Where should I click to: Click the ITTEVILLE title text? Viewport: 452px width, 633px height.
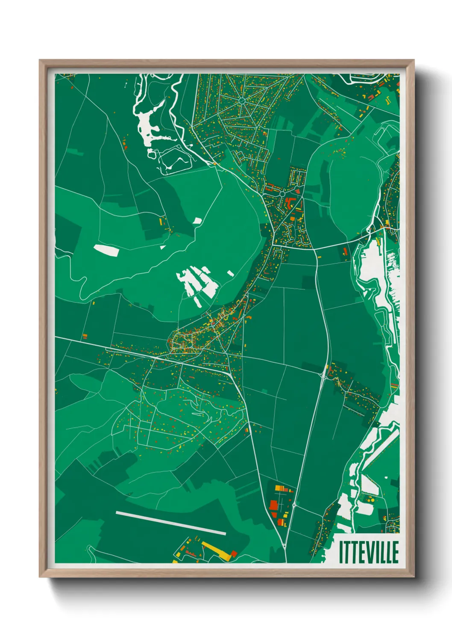(x=369, y=552)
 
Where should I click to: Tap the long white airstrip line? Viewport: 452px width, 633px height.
(x=171, y=523)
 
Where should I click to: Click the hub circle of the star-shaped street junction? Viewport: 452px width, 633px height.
(x=242, y=101)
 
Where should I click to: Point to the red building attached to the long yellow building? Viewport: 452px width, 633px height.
(x=234, y=554)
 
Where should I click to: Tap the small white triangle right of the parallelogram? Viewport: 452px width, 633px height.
(x=162, y=247)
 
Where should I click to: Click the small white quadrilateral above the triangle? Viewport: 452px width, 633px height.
(x=197, y=221)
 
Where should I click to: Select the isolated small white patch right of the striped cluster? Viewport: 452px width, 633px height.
(x=230, y=273)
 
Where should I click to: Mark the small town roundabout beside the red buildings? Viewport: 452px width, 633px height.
(x=282, y=194)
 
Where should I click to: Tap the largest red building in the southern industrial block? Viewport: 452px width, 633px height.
(x=273, y=506)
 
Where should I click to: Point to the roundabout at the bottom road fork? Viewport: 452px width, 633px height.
(x=285, y=546)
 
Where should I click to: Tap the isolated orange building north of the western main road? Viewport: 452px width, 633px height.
(x=85, y=336)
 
